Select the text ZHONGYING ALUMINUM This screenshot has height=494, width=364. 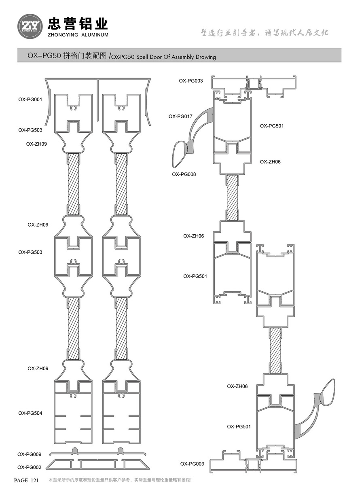78,35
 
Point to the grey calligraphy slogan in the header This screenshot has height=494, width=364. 265,33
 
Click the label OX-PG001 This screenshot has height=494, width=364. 30,99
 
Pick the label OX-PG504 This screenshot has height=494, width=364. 30,413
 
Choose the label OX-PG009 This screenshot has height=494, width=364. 30,454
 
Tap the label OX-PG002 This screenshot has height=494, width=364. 30,467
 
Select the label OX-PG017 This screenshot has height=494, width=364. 180,116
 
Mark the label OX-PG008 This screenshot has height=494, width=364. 184,174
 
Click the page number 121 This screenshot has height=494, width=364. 35,480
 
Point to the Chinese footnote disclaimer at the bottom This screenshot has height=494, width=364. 120,480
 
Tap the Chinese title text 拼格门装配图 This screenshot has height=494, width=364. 85,56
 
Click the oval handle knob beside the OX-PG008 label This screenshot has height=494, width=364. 180,154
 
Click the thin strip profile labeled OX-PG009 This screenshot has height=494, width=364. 97,454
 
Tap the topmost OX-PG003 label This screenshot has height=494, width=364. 191,81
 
